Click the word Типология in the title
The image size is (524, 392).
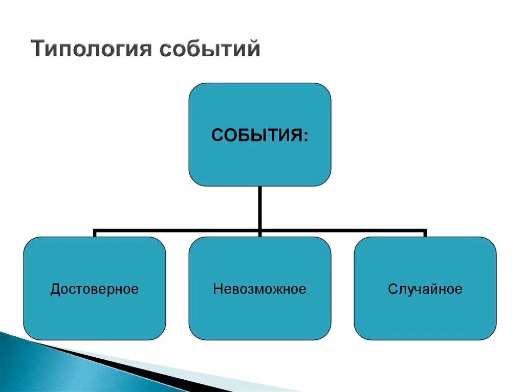(x=92, y=50)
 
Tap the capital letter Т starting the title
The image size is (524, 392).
(x=37, y=50)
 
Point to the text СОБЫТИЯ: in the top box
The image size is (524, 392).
(x=259, y=136)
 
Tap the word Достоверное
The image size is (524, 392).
(x=95, y=289)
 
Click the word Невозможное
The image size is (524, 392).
(x=259, y=289)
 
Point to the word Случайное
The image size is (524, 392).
(x=425, y=289)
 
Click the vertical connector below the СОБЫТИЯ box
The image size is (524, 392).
(x=260, y=207)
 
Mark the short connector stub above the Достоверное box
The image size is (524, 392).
(x=95, y=234)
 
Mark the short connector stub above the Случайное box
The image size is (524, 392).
(x=425, y=234)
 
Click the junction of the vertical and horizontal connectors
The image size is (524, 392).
(x=260, y=230)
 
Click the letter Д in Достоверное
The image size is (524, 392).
(x=54, y=289)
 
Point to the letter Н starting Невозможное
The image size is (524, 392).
(x=217, y=289)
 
